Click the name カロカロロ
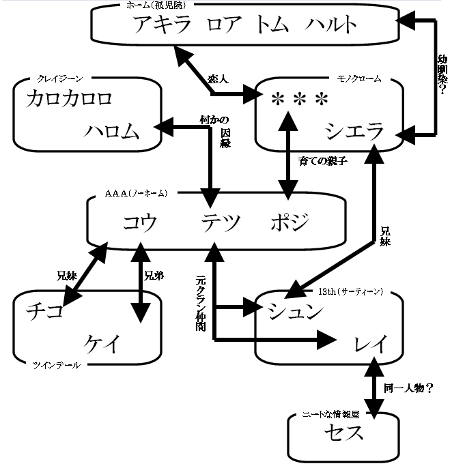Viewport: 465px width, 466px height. (69, 98)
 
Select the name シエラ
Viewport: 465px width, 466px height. (352, 130)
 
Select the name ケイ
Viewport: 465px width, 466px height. (102, 344)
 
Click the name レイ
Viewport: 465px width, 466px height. (371, 343)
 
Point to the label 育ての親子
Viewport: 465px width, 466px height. (324, 162)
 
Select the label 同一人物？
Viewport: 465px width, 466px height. (410, 388)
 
